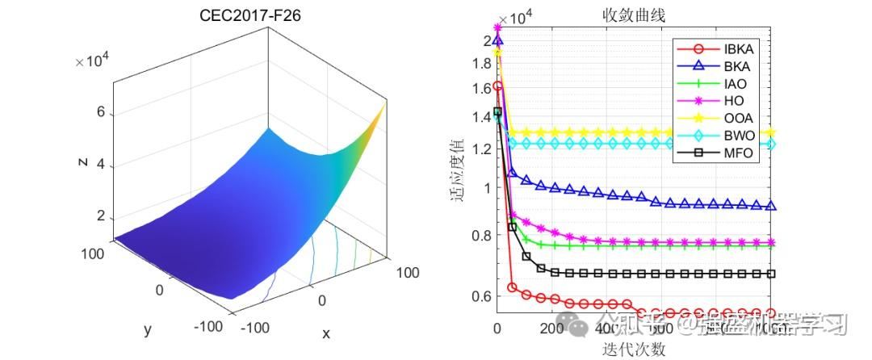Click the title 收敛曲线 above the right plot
pyautogui.click(x=633, y=15)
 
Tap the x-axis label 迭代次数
pyautogui.click(x=633, y=349)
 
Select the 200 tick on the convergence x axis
pyautogui.click(x=551, y=329)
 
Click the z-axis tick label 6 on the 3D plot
pyautogui.click(x=101, y=113)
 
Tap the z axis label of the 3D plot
pyautogui.click(x=82, y=161)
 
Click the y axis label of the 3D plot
pyautogui.click(x=148, y=329)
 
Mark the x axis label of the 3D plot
pyautogui.click(x=326, y=333)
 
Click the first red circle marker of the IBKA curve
pyautogui.click(x=497, y=86)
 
